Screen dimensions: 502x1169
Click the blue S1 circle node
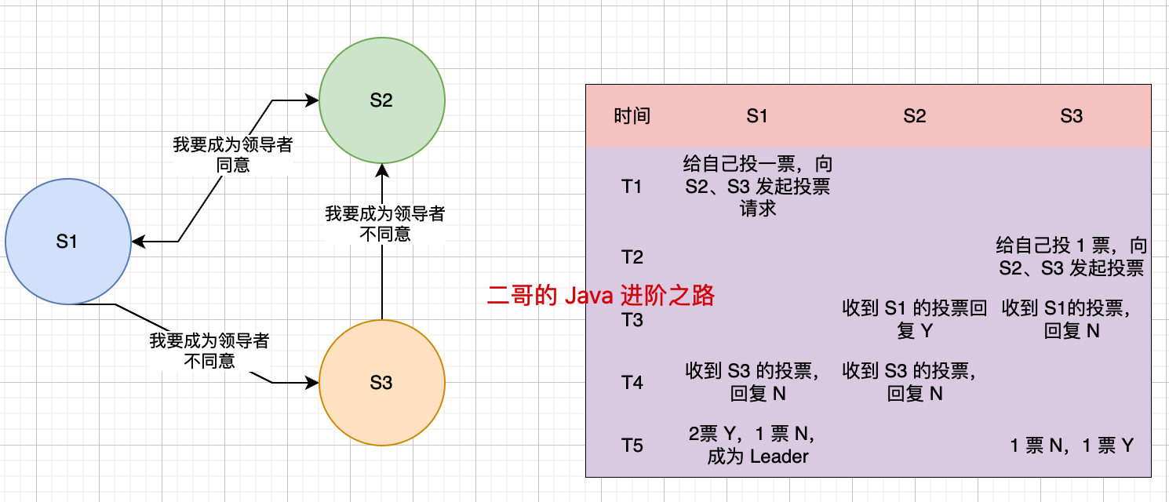point(67,242)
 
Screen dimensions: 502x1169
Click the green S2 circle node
point(381,100)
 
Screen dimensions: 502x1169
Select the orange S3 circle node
point(381,383)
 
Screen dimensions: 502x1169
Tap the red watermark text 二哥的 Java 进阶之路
point(601,296)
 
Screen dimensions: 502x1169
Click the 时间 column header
point(632,116)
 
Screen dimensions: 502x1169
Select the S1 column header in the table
point(757,116)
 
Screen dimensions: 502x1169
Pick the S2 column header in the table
point(914,116)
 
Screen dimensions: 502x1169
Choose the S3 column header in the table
point(1071,116)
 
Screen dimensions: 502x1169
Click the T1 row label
point(632,187)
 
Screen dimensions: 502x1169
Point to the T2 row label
point(632,257)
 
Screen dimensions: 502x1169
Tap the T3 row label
point(632,320)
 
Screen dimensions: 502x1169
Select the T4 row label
point(632,383)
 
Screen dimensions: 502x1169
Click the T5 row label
point(632,446)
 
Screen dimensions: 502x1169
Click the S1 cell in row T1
point(757,187)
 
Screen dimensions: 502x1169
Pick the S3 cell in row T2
point(1071,256)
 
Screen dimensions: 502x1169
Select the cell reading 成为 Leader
point(757,457)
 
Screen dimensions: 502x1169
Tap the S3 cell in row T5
point(1071,446)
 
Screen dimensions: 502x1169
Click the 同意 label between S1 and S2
point(233,166)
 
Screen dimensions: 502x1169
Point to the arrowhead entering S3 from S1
point(313,383)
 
